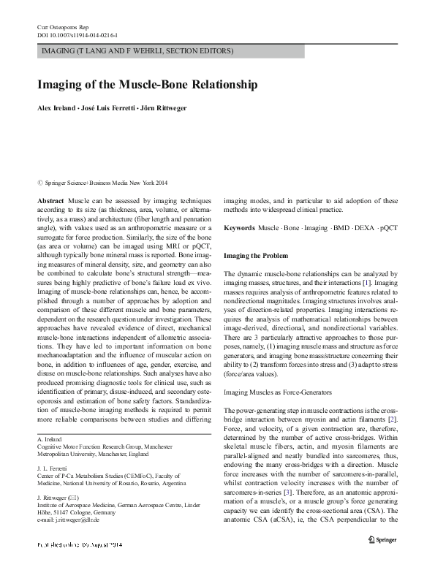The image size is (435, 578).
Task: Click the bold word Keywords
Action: pyautogui.click(x=241, y=229)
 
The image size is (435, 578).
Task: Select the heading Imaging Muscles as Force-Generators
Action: pyautogui.click(x=277, y=392)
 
